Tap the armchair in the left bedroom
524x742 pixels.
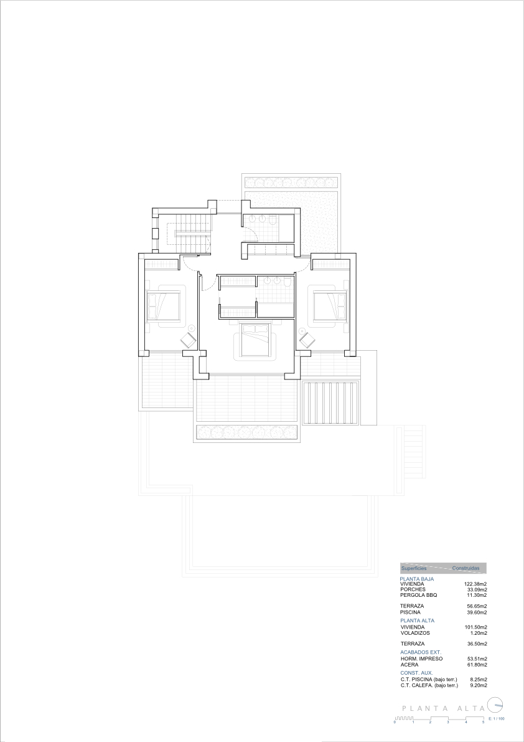pos(188,340)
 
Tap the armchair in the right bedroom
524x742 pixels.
pos(306,340)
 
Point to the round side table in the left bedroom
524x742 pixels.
pos(192,327)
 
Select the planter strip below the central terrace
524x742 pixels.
pos(247,432)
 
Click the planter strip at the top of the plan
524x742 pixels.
pos(290,183)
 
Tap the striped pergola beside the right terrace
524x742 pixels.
pos(331,403)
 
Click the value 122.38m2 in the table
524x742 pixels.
pos(475,584)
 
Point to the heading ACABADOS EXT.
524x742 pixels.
pos(421,652)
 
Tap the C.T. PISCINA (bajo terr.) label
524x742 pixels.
pos(429,680)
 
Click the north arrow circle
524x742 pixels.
pos(495,706)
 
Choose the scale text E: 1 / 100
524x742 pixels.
pos(496,718)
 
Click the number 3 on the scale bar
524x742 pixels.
pos(447,721)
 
